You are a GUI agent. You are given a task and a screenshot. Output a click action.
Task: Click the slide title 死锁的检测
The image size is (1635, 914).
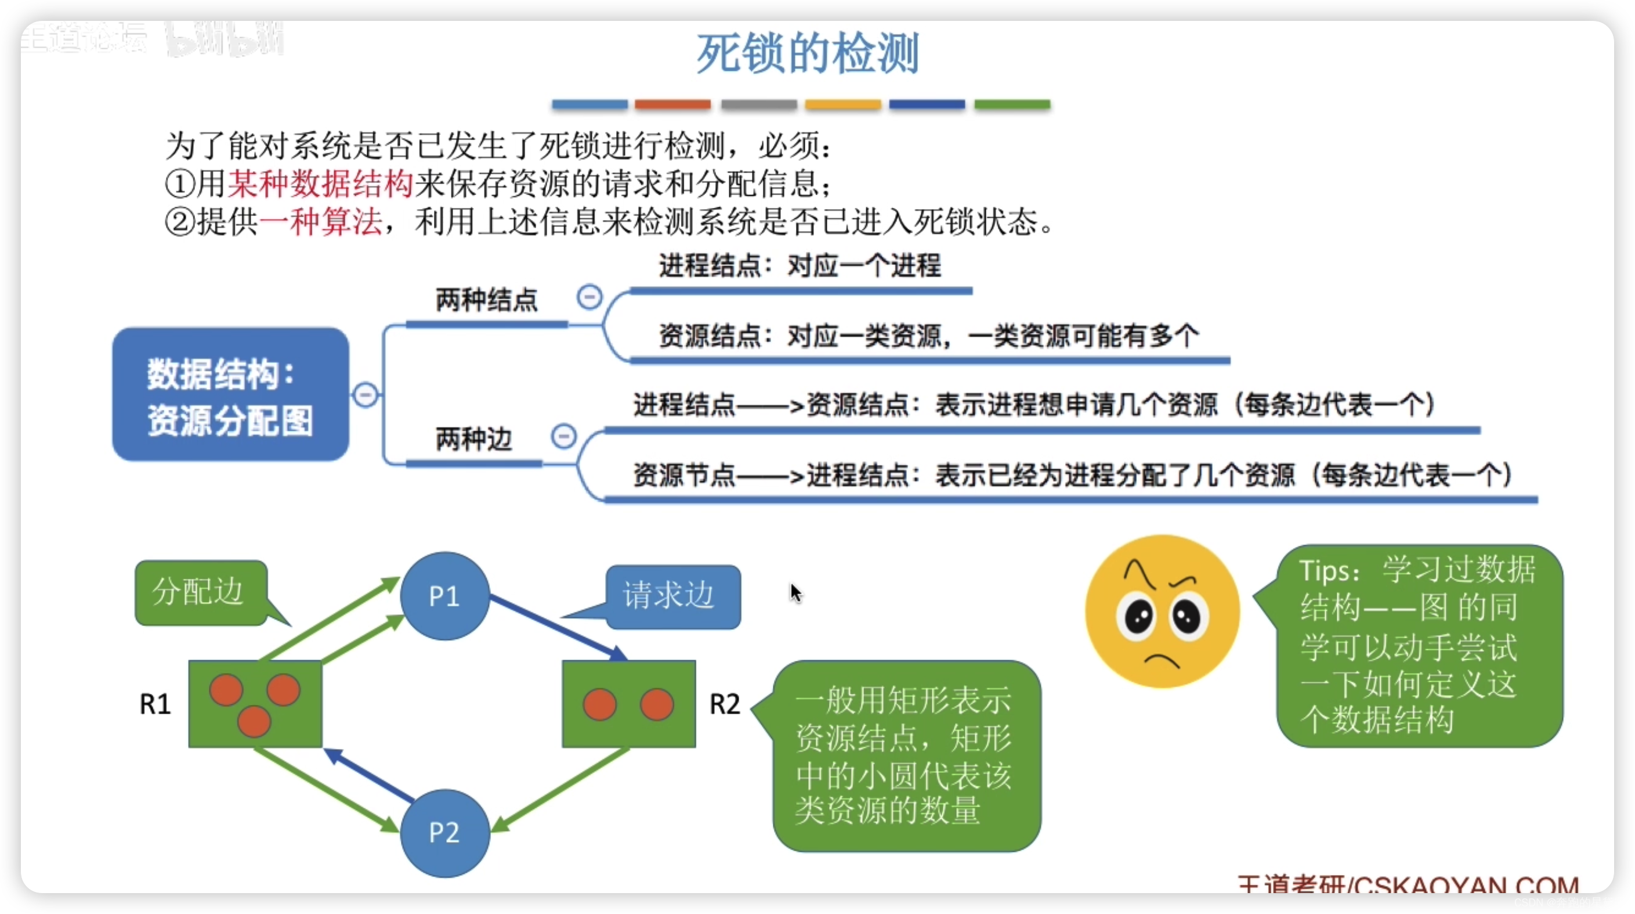(x=807, y=54)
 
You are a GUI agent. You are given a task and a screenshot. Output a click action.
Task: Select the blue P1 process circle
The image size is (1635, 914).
(x=444, y=596)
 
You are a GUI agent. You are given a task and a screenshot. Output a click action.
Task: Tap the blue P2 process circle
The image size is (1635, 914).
(x=444, y=832)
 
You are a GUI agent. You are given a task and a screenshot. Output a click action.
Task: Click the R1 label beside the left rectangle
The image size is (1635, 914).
(x=155, y=704)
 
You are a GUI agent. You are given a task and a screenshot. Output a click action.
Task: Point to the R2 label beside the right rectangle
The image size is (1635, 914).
(x=725, y=704)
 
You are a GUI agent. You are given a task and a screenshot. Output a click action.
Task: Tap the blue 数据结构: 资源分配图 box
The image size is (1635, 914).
(x=230, y=395)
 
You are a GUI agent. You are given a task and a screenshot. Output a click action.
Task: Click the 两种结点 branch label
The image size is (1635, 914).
(x=486, y=300)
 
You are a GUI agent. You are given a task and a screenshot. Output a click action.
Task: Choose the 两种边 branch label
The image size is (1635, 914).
(x=473, y=439)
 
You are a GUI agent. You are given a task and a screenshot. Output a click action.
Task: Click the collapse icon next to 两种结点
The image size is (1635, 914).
(x=589, y=297)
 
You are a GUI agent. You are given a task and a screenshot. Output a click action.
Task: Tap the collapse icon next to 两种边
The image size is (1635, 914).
(x=563, y=436)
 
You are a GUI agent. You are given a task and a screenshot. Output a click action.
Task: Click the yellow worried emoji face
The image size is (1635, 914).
(x=1162, y=611)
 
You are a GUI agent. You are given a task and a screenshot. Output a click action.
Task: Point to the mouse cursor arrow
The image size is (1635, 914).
(x=795, y=592)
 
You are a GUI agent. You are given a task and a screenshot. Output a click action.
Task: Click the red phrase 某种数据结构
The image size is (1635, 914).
(x=320, y=184)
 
